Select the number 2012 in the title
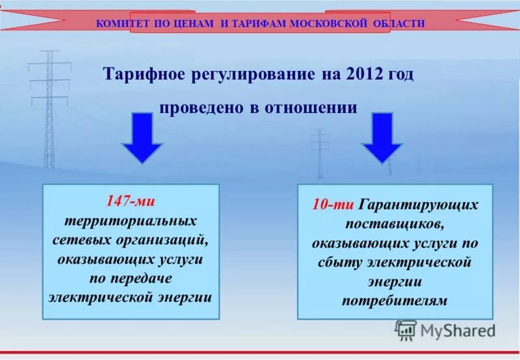tap(361, 75)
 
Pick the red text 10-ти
tap(332, 205)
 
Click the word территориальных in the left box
tap(130, 220)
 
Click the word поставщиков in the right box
tap(395, 224)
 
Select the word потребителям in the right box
tap(395, 301)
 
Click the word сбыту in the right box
tap(340, 263)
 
